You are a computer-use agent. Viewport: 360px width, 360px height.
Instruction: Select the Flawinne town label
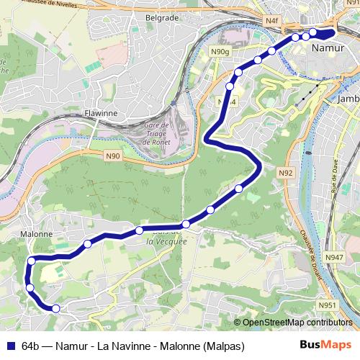tap(100, 113)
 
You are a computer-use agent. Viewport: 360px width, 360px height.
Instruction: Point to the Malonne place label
tap(36, 234)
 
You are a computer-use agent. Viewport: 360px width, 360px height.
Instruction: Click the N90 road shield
tap(113, 155)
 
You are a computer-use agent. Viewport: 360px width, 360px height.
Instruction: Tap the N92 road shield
tap(286, 173)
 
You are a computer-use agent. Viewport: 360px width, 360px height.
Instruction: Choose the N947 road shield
tap(334, 257)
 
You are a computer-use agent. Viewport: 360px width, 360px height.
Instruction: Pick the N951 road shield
tap(328, 305)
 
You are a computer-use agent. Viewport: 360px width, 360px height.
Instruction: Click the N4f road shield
tap(271, 22)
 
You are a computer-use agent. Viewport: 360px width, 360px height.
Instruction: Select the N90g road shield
tap(220, 51)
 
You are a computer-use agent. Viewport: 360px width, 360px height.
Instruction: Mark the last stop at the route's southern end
tap(55, 308)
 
